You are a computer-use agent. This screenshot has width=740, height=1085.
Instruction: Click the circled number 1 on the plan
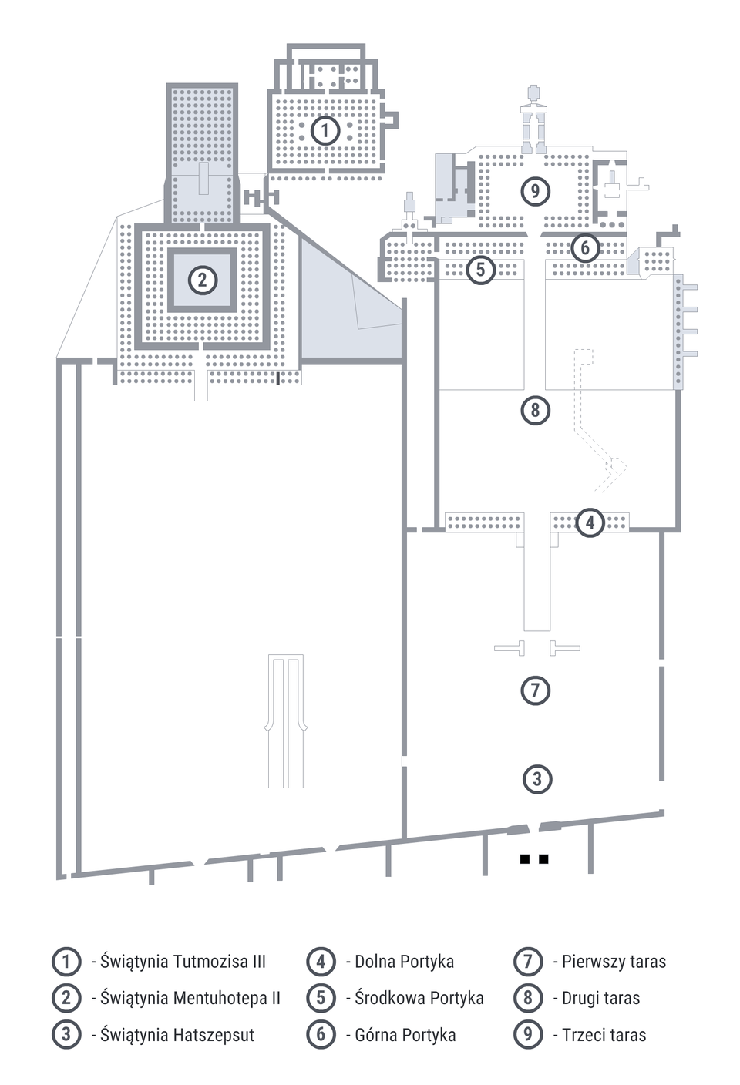tap(325, 130)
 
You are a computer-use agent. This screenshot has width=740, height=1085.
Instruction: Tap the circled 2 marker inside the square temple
tap(203, 280)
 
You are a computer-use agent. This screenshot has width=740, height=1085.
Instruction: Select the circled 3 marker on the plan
tap(537, 779)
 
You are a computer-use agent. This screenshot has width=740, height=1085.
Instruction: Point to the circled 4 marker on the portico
tap(590, 522)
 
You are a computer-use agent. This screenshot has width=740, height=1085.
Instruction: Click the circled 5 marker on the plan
tap(480, 269)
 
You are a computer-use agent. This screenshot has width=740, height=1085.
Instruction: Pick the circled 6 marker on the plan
tap(585, 247)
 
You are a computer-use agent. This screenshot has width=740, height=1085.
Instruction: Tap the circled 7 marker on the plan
tap(535, 690)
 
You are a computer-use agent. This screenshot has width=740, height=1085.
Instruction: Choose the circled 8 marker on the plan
tap(535, 410)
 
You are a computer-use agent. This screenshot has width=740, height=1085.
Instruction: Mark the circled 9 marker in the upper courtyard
tap(535, 191)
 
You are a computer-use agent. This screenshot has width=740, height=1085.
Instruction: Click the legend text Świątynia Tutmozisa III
tap(183, 962)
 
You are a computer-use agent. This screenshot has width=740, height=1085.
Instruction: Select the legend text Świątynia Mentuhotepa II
tap(190, 998)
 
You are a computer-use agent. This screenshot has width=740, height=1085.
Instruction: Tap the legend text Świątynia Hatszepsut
tap(177, 1035)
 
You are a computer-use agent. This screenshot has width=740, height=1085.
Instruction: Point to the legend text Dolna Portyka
tap(404, 962)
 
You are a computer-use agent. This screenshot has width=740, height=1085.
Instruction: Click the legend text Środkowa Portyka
tap(419, 998)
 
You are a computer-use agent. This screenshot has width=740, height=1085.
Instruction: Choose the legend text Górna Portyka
tap(405, 1035)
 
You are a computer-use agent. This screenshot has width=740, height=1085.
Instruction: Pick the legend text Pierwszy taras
tap(614, 962)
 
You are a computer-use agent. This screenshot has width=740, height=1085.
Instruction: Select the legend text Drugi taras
tap(601, 998)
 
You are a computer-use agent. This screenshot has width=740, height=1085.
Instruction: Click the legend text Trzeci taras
tap(604, 1035)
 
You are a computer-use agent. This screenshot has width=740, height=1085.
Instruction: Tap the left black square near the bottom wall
tap(524, 858)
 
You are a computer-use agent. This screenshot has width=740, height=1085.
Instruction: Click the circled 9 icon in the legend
tap(528, 1034)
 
